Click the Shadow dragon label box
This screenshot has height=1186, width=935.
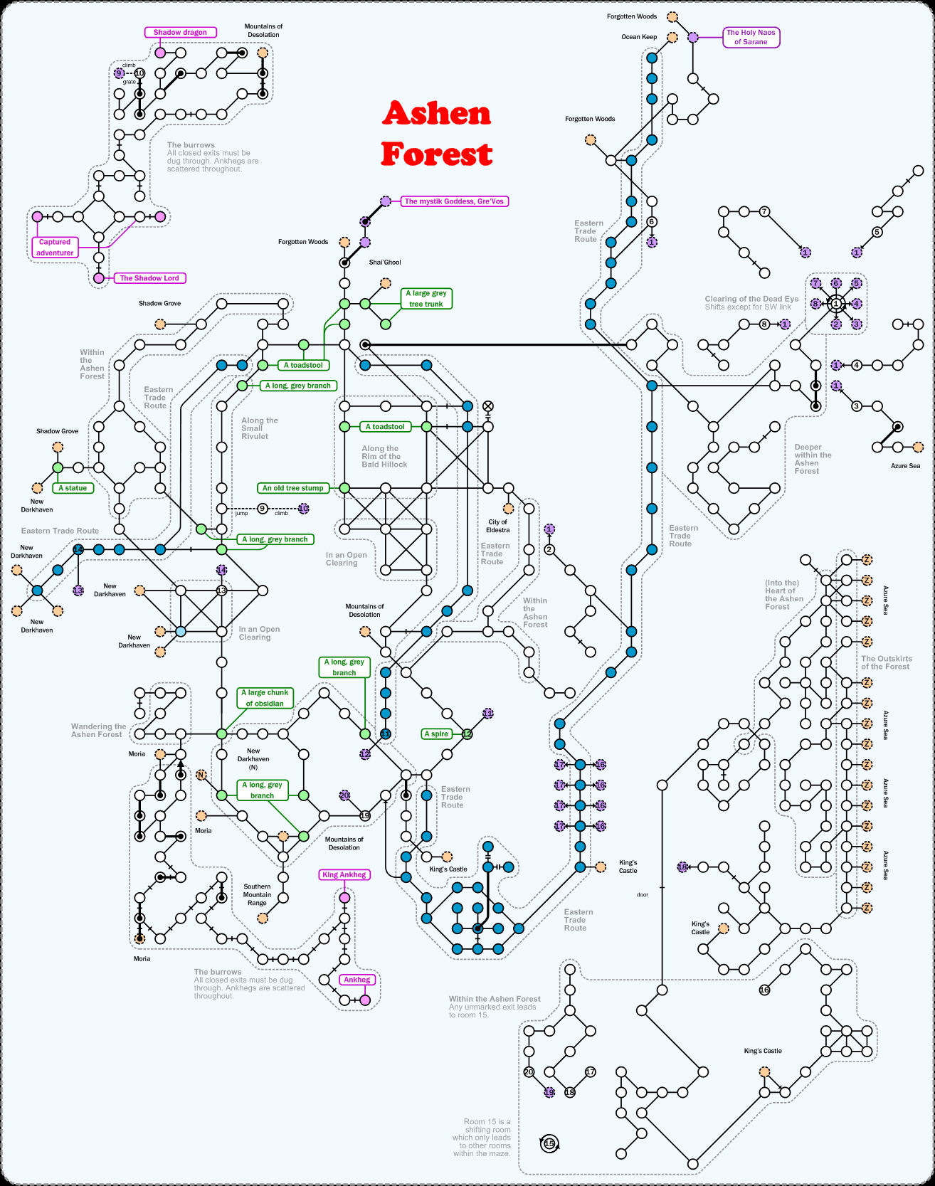pos(180,32)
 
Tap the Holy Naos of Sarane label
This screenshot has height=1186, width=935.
pos(751,37)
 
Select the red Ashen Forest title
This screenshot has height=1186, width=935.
pos(436,134)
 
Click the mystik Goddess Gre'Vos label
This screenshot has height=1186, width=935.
pos(454,201)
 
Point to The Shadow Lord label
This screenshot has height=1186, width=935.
pos(149,278)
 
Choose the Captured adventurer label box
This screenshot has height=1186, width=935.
pos(55,247)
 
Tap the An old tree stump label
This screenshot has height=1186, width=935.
pos(292,488)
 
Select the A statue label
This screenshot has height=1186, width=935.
pos(73,488)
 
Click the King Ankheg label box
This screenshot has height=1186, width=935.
pos(344,875)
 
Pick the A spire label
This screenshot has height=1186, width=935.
pos(436,734)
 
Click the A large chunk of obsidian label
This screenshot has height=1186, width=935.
pos(265,698)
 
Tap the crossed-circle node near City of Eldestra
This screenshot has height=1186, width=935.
pos(488,406)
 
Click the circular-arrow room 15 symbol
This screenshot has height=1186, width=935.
pos(549,1144)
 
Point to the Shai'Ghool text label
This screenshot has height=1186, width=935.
pos(385,263)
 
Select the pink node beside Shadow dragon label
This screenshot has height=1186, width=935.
pos(160,53)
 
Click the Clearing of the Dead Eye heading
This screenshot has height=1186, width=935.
pos(751,299)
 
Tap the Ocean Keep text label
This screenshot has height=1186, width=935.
pos(639,37)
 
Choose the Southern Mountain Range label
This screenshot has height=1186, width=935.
pos(257,895)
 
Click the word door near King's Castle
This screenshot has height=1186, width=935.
pos(643,894)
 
